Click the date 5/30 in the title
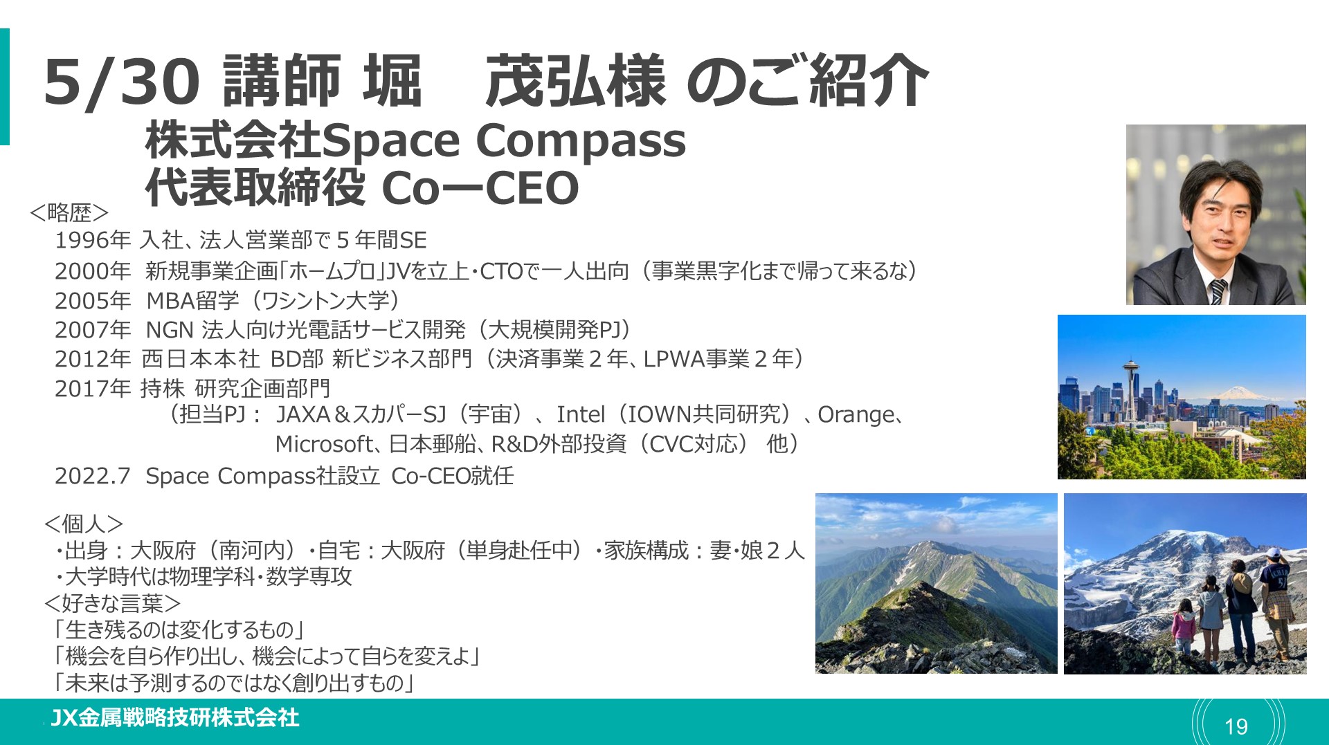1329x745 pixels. pos(122,82)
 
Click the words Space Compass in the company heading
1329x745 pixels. pos(504,141)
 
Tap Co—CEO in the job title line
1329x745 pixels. pos(480,187)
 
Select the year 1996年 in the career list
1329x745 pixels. pos(93,240)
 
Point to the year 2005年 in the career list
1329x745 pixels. pos(93,300)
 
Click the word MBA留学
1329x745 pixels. pos(192,300)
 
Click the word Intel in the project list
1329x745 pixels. pos(581,414)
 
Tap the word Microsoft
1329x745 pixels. pos(325,443)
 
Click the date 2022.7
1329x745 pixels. pos(93,476)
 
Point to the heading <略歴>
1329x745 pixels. pos(69,212)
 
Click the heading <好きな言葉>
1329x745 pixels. pos(112,603)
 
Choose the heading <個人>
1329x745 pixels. pos(84,524)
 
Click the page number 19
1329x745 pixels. pos(1236,726)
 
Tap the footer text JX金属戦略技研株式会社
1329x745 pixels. pos(174,718)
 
